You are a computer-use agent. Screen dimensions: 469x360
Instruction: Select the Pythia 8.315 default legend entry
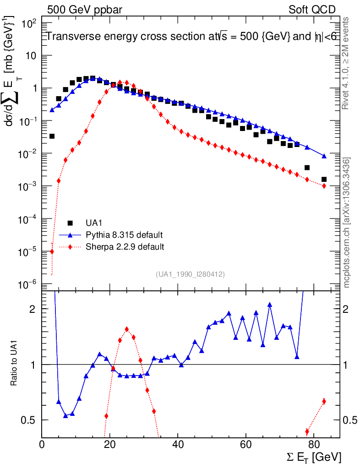124,235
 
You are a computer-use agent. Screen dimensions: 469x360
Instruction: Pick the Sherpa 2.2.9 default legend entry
125,247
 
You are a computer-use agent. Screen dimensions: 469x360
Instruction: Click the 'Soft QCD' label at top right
312,10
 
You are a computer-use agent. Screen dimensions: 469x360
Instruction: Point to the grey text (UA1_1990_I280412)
190,274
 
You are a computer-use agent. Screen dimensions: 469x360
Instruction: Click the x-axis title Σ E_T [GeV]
312,457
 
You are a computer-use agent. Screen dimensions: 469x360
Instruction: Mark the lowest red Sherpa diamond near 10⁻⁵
52,251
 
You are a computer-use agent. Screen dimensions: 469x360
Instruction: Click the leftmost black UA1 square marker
52,136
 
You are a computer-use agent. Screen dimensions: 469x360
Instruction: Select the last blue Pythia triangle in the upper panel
324,156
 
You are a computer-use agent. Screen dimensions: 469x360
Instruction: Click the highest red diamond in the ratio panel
127,329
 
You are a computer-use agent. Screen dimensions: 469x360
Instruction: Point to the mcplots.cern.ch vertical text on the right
347,223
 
